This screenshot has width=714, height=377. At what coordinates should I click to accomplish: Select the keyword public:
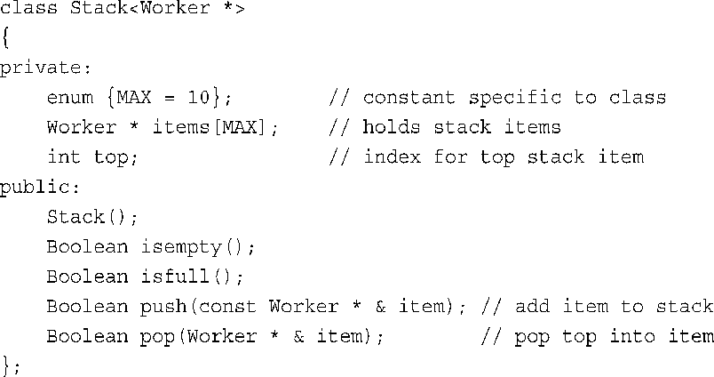point(35,187)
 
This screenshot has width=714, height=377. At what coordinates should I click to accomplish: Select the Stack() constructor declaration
point(92,217)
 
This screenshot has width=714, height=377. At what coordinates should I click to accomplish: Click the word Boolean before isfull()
point(87,277)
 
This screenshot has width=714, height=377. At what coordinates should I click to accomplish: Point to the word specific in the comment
point(514,97)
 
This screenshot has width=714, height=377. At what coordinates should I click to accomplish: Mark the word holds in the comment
point(392,127)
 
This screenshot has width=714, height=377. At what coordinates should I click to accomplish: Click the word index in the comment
point(392,157)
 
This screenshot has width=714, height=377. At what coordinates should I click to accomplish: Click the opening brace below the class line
point(4,38)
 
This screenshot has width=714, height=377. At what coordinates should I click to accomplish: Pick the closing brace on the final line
point(4,365)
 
